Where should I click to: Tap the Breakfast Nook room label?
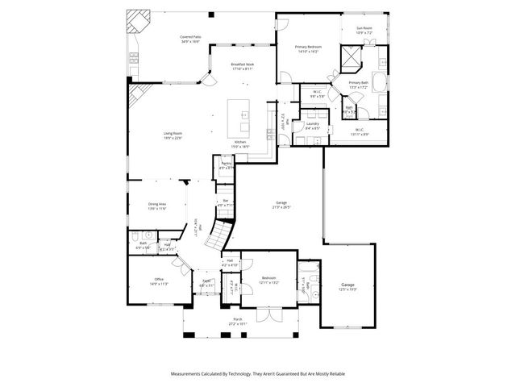243,64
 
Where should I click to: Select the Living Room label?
173,134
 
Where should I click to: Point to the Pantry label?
227,164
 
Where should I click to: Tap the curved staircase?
218,235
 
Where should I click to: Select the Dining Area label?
156,205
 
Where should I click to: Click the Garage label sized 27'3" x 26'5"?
280,204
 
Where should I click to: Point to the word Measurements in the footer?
190,373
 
